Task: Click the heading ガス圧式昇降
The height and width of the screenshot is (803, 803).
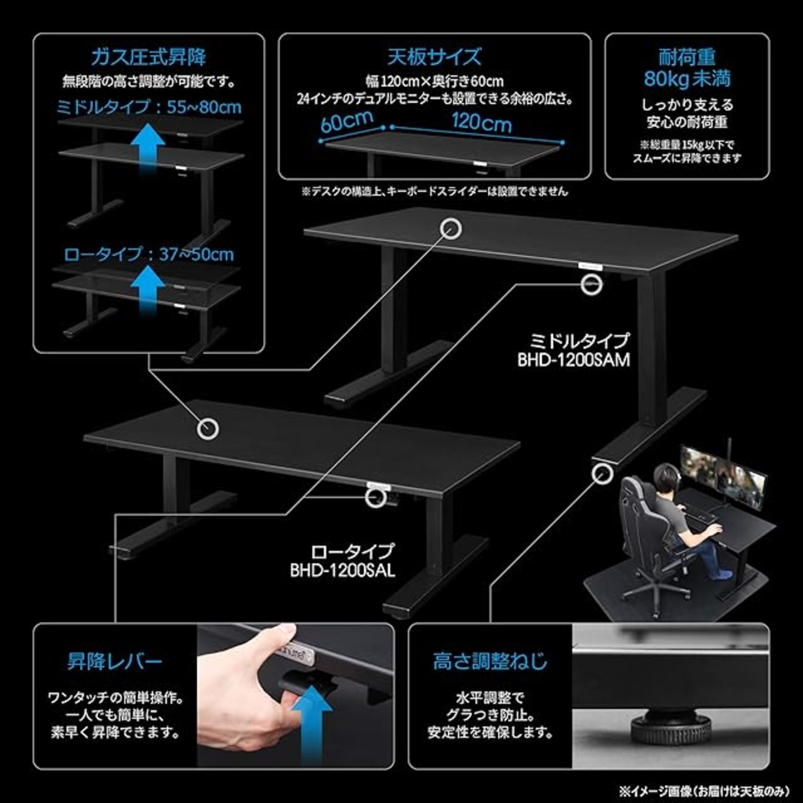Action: pyautogui.click(x=149, y=58)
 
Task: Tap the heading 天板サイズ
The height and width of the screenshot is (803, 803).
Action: pyautogui.click(x=434, y=57)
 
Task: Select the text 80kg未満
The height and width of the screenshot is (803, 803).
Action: pyautogui.click(x=687, y=79)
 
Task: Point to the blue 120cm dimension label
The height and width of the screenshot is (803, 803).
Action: pyautogui.click(x=481, y=121)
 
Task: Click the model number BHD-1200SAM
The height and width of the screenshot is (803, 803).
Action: pyautogui.click(x=573, y=360)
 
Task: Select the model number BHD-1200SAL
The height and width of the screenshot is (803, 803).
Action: pyautogui.click(x=343, y=571)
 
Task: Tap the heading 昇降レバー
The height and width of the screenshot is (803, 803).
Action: pyautogui.click(x=115, y=661)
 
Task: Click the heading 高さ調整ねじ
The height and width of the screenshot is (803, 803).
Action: pyautogui.click(x=489, y=661)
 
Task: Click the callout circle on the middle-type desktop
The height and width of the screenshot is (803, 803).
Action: pyautogui.click(x=450, y=228)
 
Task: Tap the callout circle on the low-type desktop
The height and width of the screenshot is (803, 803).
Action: pyautogui.click(x=208, y=428)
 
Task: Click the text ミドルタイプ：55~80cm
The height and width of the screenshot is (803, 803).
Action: pyautogui.click(x=149, y=107)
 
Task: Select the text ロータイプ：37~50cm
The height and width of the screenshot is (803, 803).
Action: pyautogui.click(x=149, y=254)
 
